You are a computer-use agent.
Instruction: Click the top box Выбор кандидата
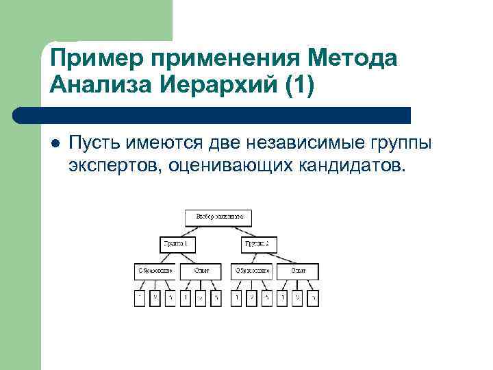pos(218,217)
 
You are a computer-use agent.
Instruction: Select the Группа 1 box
pos(177,245)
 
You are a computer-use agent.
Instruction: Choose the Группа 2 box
pos(259,245)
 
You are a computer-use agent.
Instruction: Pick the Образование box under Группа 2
pos(251,271)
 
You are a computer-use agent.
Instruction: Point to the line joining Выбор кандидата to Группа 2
pos(239,231)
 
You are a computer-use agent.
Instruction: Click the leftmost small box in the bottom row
pos(139,298)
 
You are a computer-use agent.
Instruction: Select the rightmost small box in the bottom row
pos(313,298)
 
